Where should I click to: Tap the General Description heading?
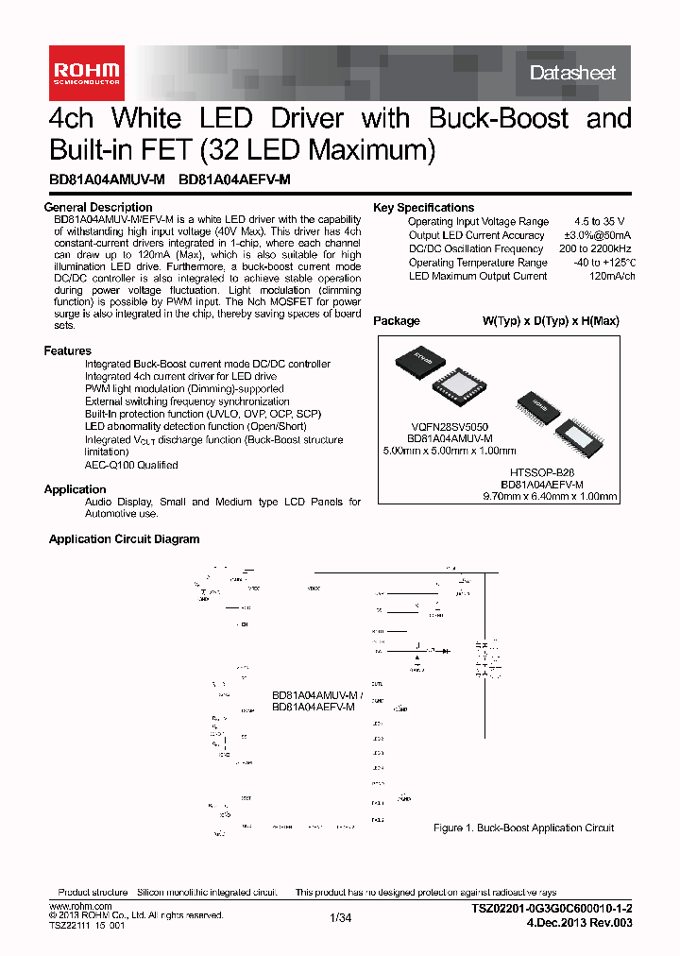(98, 207)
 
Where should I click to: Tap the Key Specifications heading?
(423, 208)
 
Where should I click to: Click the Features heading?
(68, 350)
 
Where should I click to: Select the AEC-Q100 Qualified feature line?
(131, 465)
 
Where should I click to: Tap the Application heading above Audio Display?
(76, 489)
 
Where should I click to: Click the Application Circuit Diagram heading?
(124, 539)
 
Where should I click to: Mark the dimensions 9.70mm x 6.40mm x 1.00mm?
(550, 495)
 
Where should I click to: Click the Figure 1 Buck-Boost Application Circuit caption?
(523, 828)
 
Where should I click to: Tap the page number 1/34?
(340, 917)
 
